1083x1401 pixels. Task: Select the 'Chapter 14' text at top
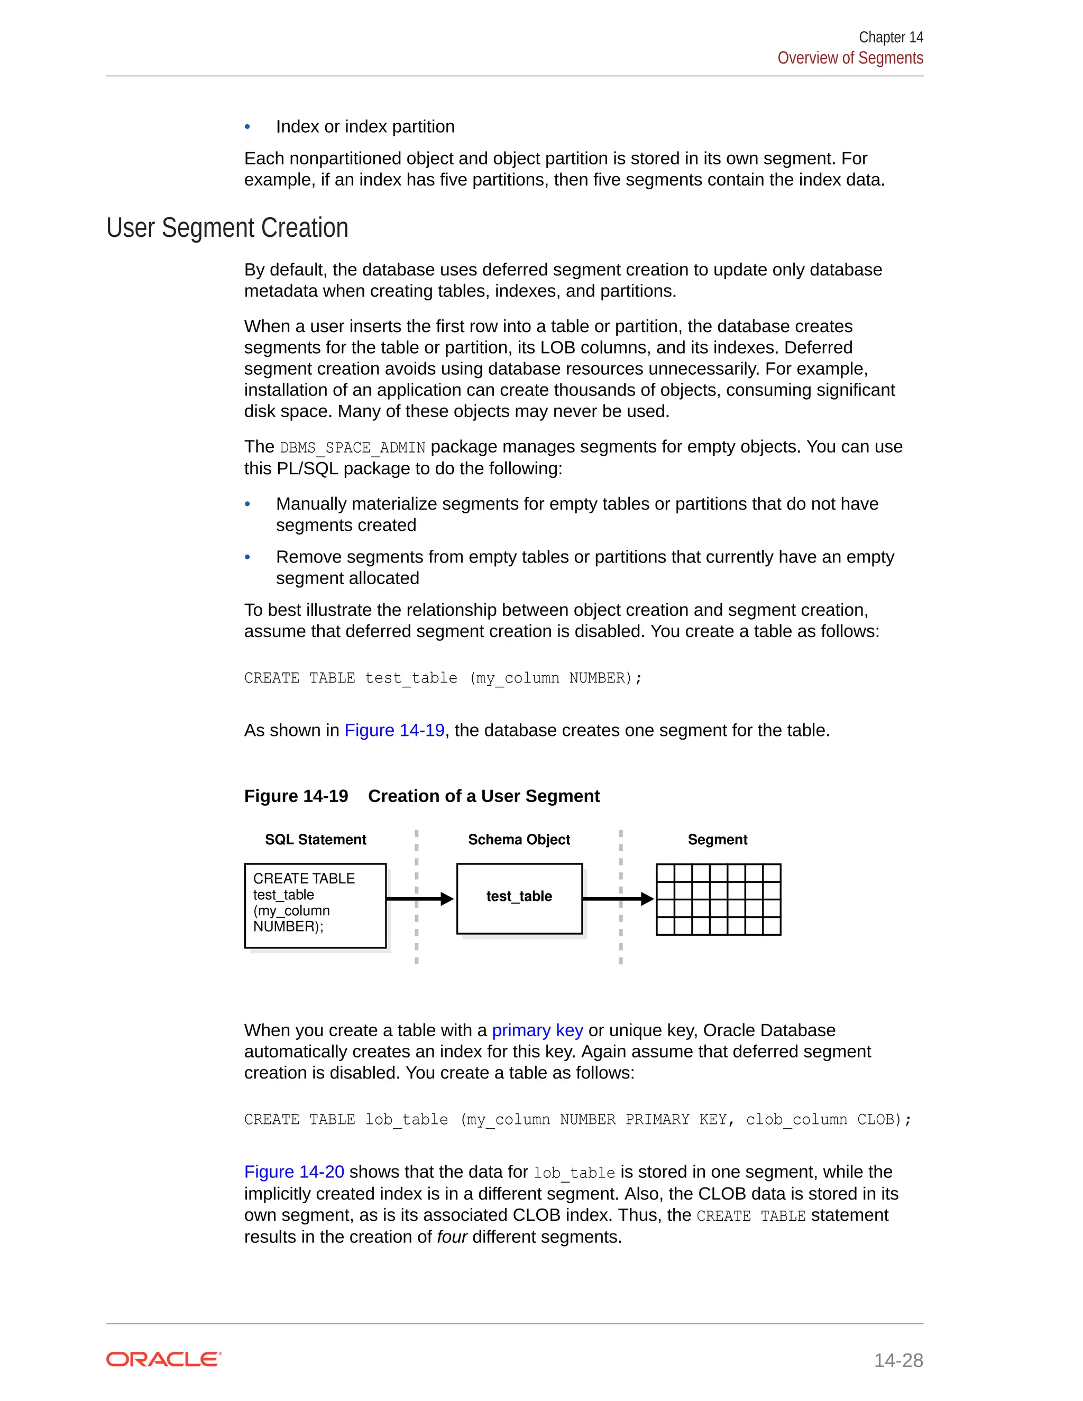point(891,37)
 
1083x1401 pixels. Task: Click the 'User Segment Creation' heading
point(227,228)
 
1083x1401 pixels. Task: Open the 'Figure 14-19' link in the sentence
point(394,730)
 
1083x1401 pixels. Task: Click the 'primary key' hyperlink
point(537,1030)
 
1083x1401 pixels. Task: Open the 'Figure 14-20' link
point(294,1172)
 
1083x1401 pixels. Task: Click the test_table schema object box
point(519,898)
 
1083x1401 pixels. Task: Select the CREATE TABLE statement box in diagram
point(315,905)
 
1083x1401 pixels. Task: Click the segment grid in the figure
point(718,899)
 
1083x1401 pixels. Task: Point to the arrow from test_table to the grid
point(617,899)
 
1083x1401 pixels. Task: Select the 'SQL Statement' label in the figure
point(315,839)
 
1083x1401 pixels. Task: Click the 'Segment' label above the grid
point(717,839)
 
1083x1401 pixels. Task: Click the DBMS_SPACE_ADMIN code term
point(352,447)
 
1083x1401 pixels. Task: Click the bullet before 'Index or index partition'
point(247,127)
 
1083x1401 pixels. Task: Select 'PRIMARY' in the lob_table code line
point(657,1119)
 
